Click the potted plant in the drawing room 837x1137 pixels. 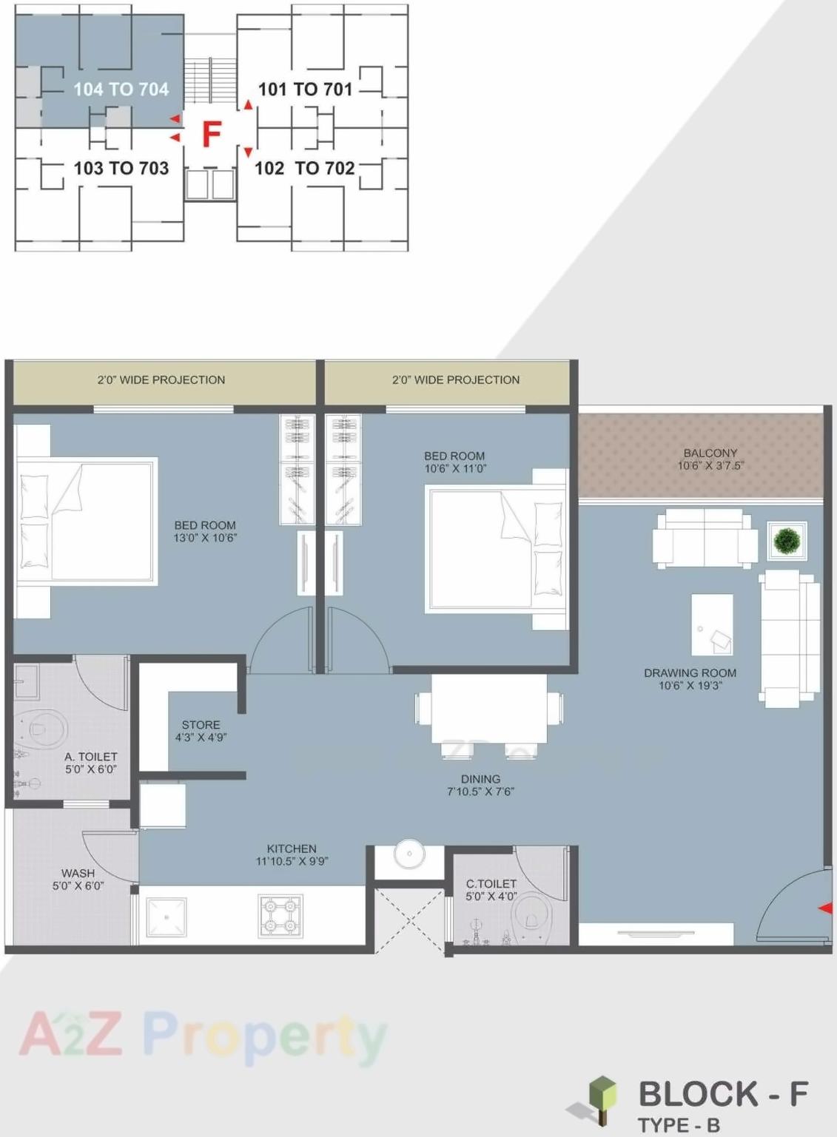[787, 541]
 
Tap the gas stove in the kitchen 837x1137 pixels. [280, 916]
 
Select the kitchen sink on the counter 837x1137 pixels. [167, 917]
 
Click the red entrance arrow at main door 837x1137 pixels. [824, 908]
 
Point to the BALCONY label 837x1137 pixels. [710, 453]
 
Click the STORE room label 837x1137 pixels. [201, 725]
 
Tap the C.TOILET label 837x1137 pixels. [491, 883]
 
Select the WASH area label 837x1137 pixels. [78, 873]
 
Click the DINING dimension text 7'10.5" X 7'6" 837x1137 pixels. [480, 792]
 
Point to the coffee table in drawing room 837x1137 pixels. [712, 624]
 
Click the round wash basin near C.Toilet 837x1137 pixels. [409, 854]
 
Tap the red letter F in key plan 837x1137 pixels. [212, 135]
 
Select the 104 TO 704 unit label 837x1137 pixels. [121, 90]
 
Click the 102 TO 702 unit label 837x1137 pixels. [304, 169]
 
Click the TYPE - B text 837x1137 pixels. [678, 1125]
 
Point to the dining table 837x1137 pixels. [489, 708]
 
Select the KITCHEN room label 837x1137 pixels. [292, 848]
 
